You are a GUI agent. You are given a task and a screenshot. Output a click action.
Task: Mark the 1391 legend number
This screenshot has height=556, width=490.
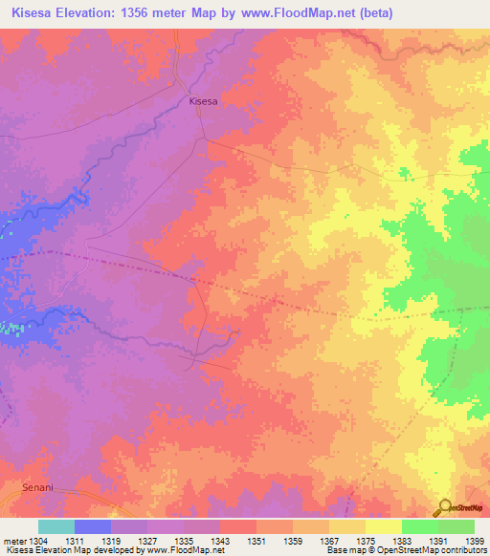coord(438,540)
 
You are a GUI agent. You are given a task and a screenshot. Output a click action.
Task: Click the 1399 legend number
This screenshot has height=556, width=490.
coord(474,540)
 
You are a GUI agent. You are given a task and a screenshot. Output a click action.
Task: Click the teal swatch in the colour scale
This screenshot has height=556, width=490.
coord(56,526)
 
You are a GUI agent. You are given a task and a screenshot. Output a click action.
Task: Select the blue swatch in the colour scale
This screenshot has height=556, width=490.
coord(93,526)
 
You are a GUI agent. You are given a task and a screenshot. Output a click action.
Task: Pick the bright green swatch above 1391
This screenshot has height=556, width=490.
coord(420,526)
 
